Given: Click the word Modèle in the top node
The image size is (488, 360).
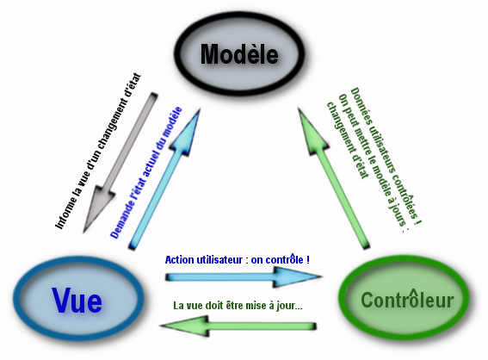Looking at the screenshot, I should (239, 54).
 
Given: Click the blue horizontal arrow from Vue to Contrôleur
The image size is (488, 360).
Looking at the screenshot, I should (241, 277).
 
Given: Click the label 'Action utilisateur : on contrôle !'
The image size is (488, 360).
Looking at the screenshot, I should (237, 259).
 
